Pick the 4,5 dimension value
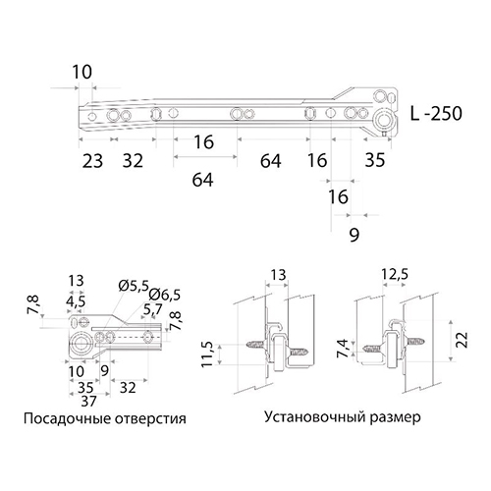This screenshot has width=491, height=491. [x=76, y=300]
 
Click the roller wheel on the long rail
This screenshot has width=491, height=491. [x=384, y=120]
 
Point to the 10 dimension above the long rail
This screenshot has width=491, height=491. [x=82, y=72]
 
